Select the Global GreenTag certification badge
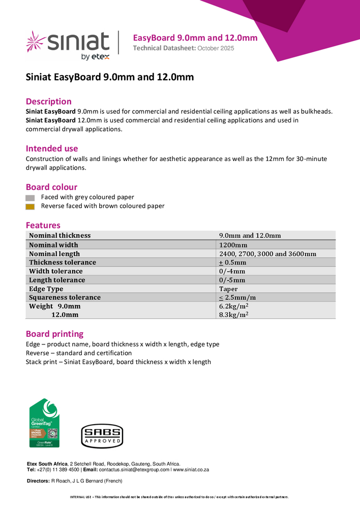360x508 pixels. [44, 423]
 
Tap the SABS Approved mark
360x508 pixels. [102, 436]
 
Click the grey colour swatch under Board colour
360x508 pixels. [30, 198]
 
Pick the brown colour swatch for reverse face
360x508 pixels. [30, 207]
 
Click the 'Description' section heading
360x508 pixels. [49, 101]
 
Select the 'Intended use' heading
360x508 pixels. [52, 148]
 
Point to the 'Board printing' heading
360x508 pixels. [54, 334]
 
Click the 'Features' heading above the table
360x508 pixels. [43, 225]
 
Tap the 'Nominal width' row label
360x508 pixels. [53, 244]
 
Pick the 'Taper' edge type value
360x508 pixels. [228, 289]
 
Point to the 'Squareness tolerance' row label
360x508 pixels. [65, 297]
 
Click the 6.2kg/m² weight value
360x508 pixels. [233, 306]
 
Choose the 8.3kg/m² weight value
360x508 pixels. [233, 315]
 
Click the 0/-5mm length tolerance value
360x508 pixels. [232, 280]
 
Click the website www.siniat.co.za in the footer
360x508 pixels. [191, 470]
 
